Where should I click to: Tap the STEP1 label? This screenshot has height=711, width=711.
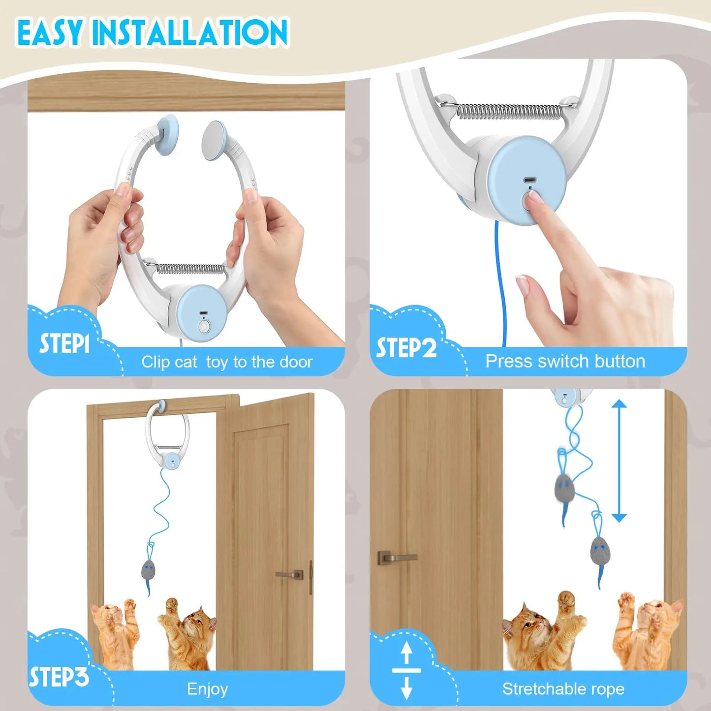pyautogui.click(x=64, y=343)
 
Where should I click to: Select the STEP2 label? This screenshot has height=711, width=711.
pyautogui.click(x=406, y=348)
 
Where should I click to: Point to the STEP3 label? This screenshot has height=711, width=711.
pyautogui.click(x=59, y=678)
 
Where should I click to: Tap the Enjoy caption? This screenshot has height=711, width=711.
pyautogui.click(x=207, y=689)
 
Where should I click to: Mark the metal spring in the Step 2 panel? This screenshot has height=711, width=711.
pyautogui.click(x=509, y=112)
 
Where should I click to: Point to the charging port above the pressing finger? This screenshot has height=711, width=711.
pyautogui.click(x=529, y=180)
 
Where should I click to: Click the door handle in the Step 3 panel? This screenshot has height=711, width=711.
pyautogui.click(x=290, y=574)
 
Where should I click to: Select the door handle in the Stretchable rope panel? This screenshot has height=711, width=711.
pyautogui.click(x=396, y=557)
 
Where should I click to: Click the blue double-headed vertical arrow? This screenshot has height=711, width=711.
pyautogui.click(x=619, y=461)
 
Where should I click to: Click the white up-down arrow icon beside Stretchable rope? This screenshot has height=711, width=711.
pyautogui.click(x=406, y=671)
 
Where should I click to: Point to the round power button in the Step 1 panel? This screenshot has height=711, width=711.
pyautogui.click(x=203, y=326)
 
